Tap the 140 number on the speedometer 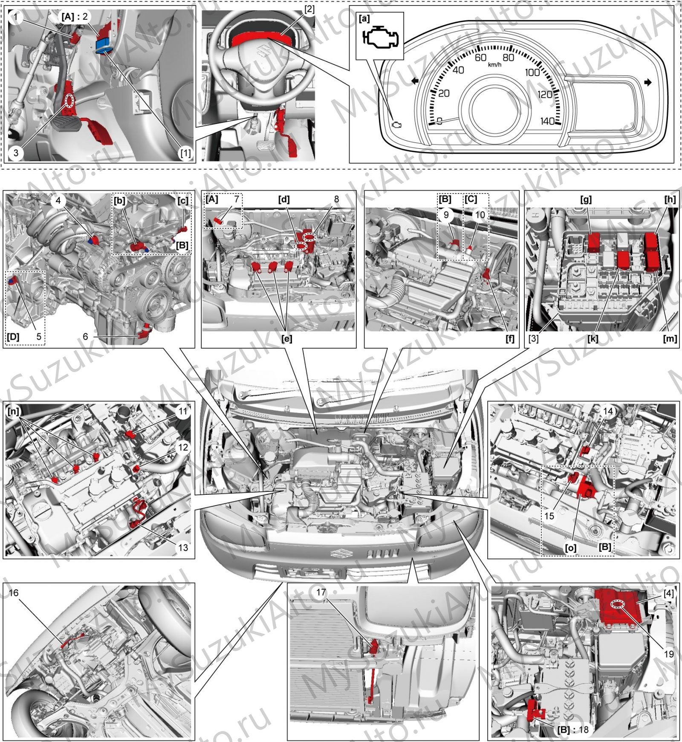click(547, 121)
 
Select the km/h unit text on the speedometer click(494, 64)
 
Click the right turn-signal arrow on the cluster click(648, 82)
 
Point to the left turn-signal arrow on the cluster click(414, 81)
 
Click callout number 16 click(14, 593)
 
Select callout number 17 click(321, 592)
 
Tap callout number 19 click(669, 654)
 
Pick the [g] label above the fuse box click(586, 199)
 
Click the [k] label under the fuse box click(592, 338)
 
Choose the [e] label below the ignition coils click(287, 338)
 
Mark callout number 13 click(183, 547)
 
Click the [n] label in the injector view click(14, 412)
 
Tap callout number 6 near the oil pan click(85, 337)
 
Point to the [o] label click(570, 547)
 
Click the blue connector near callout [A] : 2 click(104, 44)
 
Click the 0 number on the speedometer click(439, 121)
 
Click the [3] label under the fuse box click(534, 338)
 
